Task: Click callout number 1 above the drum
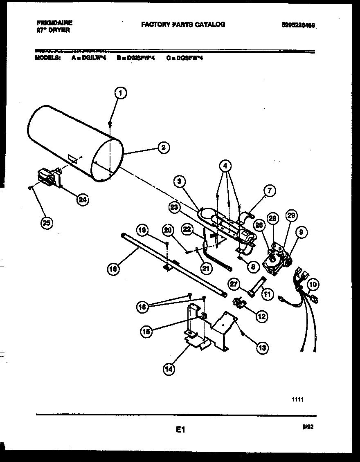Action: point(120,93)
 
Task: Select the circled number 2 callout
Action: point(163,147)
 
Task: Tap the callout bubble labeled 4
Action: point(225,166)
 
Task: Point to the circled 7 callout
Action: point(269,190)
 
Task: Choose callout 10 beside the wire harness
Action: point(313,285)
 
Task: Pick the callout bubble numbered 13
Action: point(262,348)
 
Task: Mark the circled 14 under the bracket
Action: point(169,369)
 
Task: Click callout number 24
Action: point(83,200)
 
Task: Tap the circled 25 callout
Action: point(47,223)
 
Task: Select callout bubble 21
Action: point(207,268)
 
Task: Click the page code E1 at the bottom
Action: point(181,429)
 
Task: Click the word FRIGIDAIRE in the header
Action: point(54,24)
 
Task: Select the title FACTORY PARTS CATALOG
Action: point(183,25)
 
